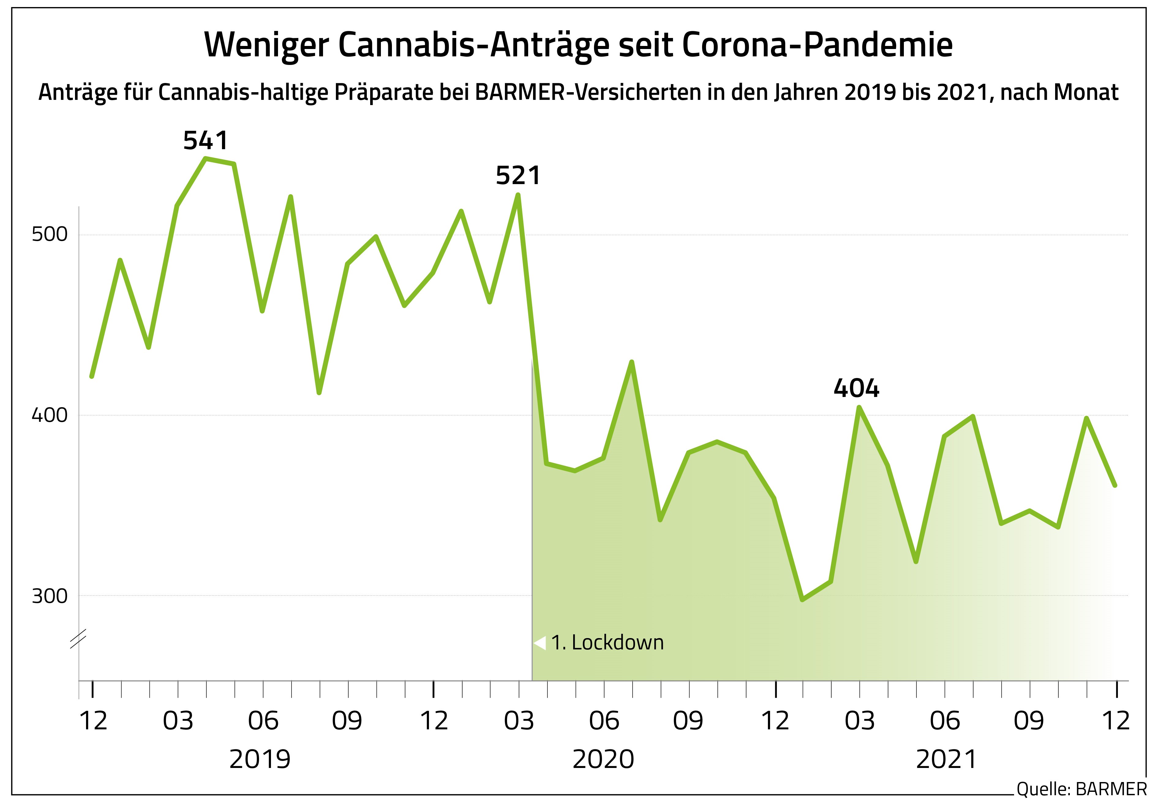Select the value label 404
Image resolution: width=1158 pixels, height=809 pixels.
tap(856, 389)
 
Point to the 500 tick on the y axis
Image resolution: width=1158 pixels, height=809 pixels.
tap(49, 235)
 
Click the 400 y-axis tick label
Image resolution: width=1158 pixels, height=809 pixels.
tap(49, 415)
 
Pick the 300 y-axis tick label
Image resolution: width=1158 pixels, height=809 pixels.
tap(49, 596)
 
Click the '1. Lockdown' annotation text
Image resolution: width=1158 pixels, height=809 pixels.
tap(607, 642)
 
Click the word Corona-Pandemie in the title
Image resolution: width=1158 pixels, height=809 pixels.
tap(817, 45)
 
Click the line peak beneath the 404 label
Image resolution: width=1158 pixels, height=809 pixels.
tap(859, 407)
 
